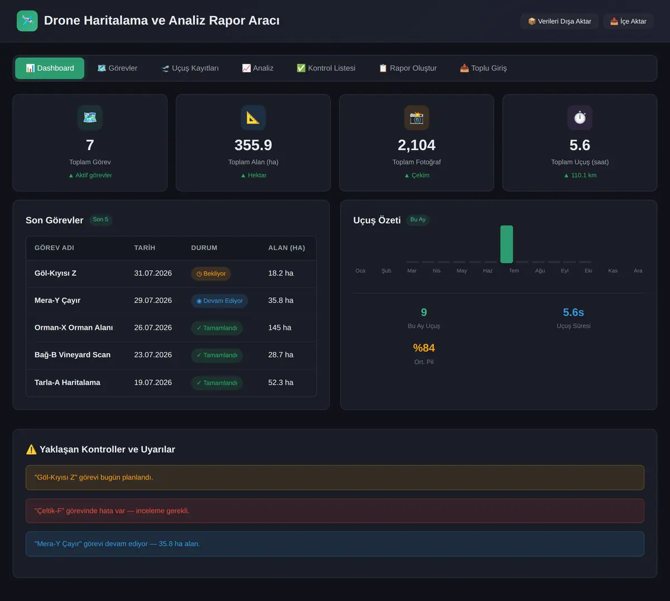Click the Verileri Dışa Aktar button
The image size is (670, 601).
click(559, 21)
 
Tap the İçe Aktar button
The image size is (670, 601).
click(628, 21)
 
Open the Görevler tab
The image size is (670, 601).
click(117, 68)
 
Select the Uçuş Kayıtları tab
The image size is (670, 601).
click(190, 68)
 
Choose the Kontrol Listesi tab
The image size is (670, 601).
click(326, 68)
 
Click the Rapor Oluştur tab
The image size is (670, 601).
click(408, 68)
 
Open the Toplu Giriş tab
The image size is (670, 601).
click(484, 68)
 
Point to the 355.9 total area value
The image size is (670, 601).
click(253, 145)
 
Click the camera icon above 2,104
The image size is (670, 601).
click(417, 118)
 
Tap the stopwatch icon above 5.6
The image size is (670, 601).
click(580, 118)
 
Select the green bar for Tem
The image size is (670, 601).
click(506, 244)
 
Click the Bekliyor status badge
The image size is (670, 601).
click(211, 274)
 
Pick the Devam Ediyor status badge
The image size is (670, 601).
click(219, 301)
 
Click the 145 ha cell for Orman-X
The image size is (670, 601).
click(280, 328)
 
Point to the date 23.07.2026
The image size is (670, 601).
click(153, 355)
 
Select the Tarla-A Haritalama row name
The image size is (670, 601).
click(68, 382)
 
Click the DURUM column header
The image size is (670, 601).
click(204, 248)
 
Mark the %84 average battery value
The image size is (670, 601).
click(424, 348)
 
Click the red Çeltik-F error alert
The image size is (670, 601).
click(335, 511)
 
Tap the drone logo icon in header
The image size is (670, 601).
click(27, 21)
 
